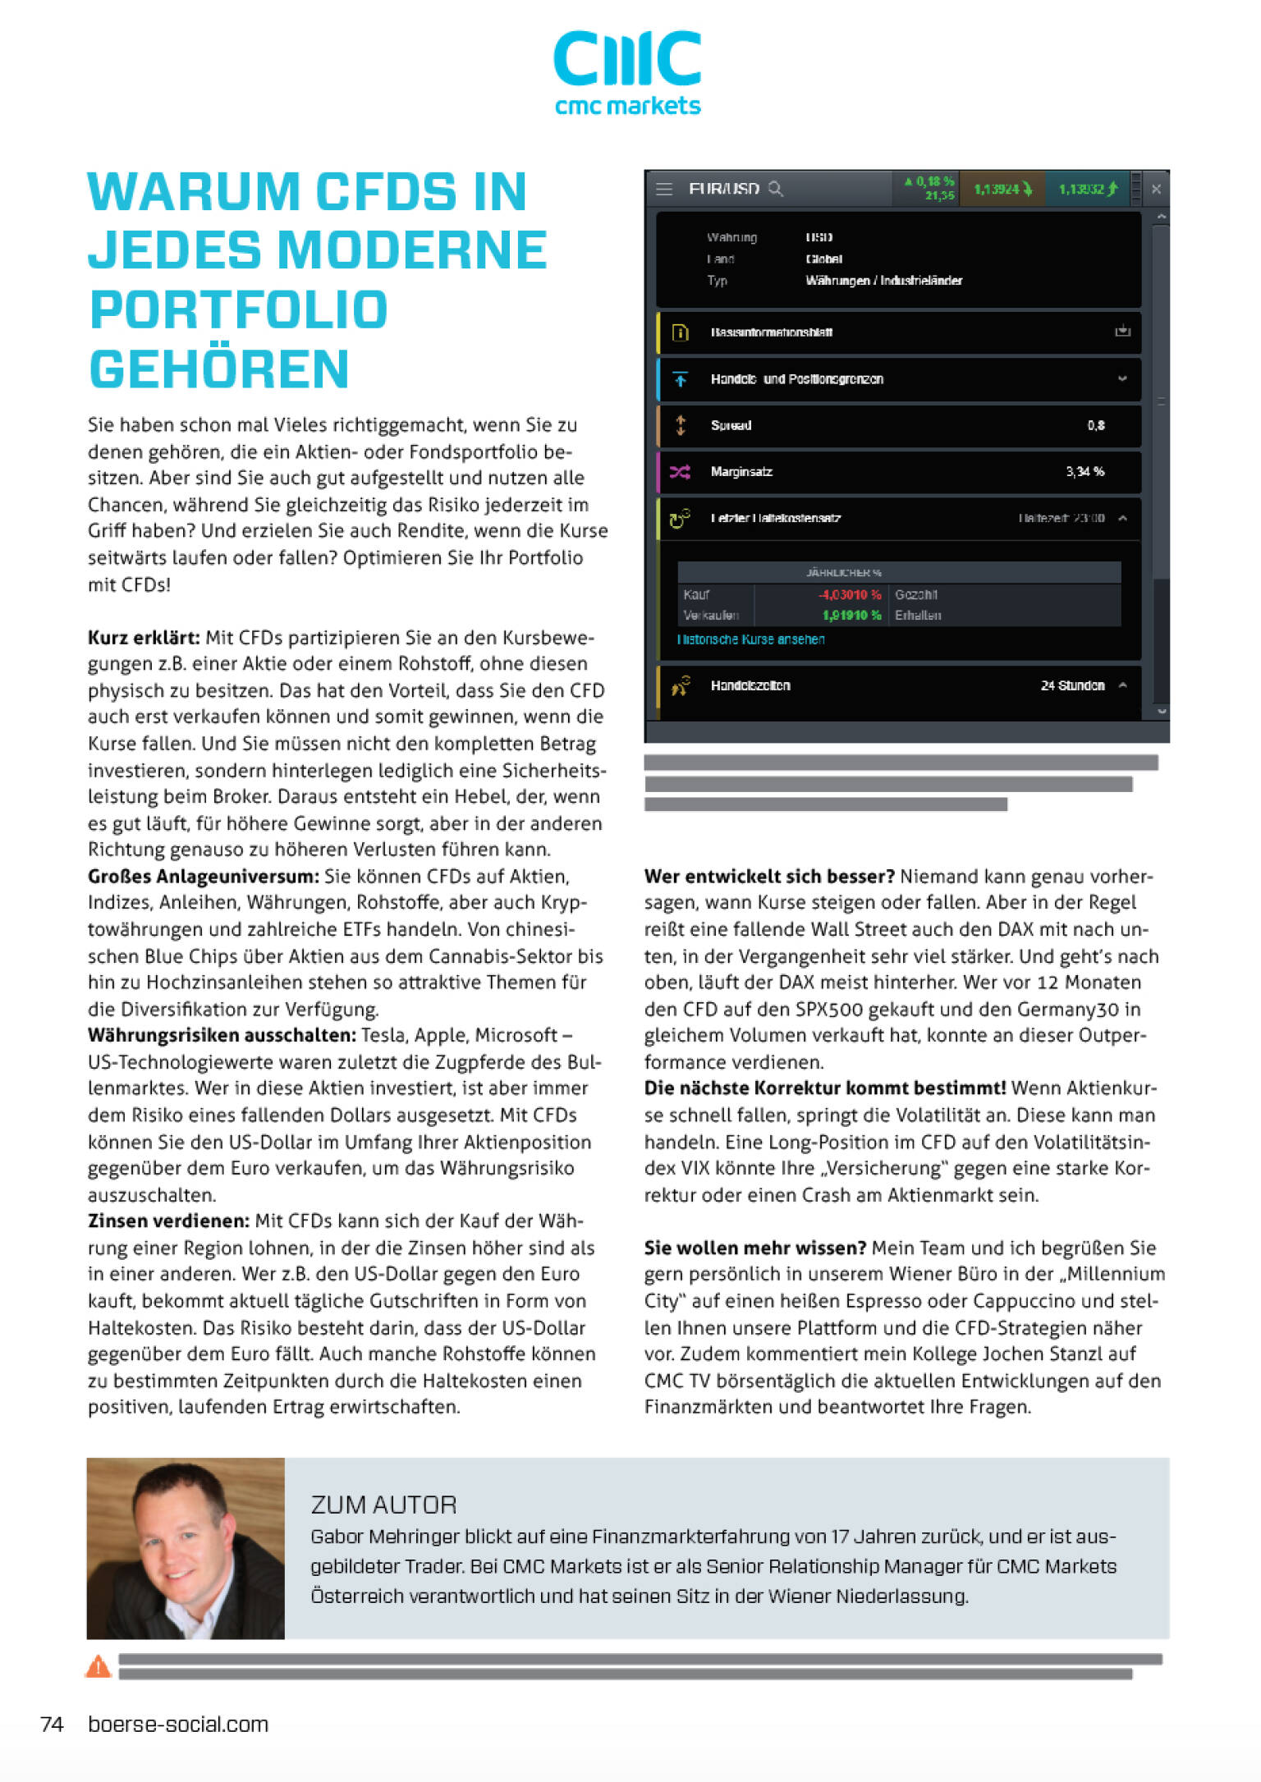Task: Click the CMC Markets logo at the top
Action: pos(627,72)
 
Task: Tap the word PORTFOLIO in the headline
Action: pos(238,310)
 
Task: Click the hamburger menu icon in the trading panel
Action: pos(664,190)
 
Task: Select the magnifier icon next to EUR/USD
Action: pos(775,190)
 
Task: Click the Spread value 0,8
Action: pos(1096,425)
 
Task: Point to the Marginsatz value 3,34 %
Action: pos(1084,472)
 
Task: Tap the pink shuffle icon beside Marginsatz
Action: pos(680,472)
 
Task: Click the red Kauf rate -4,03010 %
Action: pos(850,594)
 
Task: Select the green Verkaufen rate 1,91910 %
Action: pos(851,615)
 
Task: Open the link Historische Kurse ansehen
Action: pos(750,639)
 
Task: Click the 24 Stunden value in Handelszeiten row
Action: pos(1072,685)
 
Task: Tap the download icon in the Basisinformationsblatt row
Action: pos(1122,332)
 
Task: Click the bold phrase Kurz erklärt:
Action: pos(144,638)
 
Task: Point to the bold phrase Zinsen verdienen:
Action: pos(169,1221)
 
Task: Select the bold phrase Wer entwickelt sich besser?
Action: pos(769,877)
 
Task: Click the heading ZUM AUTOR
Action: pos(383,1505)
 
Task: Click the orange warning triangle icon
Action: pos(99,1666)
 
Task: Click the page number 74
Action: pos(52,1724)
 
